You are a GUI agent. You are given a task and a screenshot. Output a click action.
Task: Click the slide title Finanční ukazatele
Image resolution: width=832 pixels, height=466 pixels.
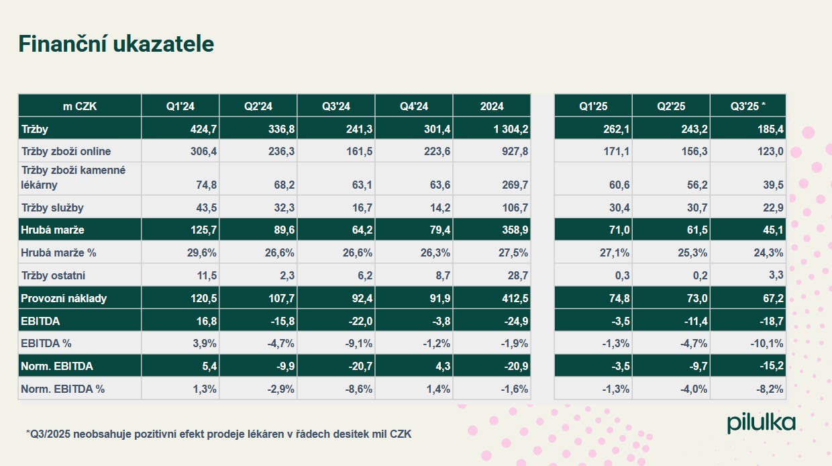point(116,44)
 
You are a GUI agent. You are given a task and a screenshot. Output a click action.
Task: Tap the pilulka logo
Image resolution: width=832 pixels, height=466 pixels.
point(761,423)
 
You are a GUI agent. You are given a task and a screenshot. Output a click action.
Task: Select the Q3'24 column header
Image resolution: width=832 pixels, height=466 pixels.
point(336,106)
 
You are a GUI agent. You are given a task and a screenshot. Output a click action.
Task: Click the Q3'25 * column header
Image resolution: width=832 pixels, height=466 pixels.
point(748,106)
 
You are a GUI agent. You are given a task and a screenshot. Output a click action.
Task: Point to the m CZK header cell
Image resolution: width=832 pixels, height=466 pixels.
point(80,106)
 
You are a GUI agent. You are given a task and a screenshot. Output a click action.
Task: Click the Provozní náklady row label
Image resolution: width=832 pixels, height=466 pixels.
point(64,298)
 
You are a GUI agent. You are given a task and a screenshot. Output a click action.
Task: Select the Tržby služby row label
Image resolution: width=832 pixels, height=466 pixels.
point(53,207)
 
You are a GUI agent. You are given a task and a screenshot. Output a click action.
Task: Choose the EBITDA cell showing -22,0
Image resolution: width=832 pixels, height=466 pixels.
point(360,321)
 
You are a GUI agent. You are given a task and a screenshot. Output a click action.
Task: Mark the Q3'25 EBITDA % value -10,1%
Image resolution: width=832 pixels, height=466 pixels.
point(767,344)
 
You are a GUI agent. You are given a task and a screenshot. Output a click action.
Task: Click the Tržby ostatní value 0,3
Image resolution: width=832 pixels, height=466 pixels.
point(622,275)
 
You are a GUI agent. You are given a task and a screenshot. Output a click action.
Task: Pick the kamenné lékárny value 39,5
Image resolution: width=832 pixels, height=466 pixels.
point(770,185)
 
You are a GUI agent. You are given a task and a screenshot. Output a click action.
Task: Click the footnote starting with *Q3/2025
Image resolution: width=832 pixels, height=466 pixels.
point(219,434)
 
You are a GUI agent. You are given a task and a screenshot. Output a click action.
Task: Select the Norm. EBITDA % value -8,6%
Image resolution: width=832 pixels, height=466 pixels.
point(358,389)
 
